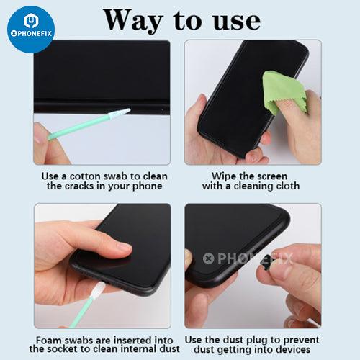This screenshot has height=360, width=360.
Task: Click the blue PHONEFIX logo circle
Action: [31, 30]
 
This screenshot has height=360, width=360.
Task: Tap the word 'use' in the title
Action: [236, 22]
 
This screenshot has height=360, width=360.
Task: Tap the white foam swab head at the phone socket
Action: [99, 289]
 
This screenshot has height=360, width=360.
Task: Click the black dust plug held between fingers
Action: [265, 264]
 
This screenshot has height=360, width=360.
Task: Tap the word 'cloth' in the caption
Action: [287, 186]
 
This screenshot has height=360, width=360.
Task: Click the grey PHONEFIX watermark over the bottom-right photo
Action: [248, 258]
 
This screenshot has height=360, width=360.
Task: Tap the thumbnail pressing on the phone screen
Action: [123, 247]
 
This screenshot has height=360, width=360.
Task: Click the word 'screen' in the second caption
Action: [271, 176]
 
